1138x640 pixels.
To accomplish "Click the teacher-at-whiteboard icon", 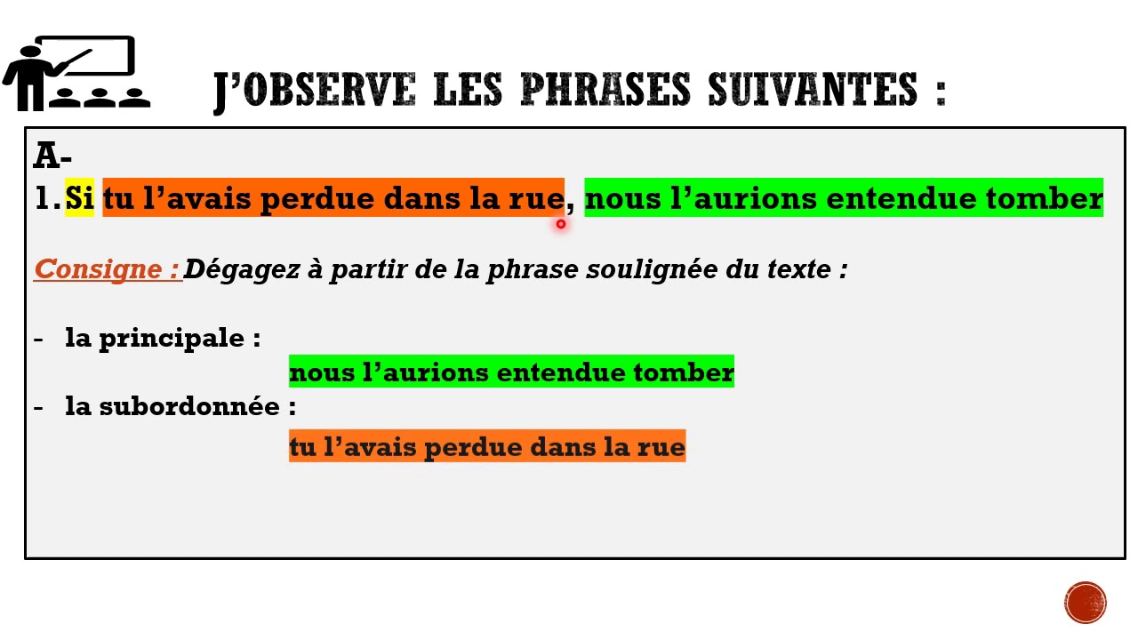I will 76,74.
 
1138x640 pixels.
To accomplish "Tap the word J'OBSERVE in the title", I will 315,90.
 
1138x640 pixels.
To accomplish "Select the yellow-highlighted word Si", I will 79,198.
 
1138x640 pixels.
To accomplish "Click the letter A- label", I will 52,156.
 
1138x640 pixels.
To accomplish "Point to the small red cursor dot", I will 560,224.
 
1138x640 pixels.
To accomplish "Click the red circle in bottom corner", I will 1086,603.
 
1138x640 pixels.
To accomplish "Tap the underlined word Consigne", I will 100,268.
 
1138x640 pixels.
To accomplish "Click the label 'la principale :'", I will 163,338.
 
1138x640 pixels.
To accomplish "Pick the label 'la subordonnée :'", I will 180,406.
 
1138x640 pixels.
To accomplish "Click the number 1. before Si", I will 46,199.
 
